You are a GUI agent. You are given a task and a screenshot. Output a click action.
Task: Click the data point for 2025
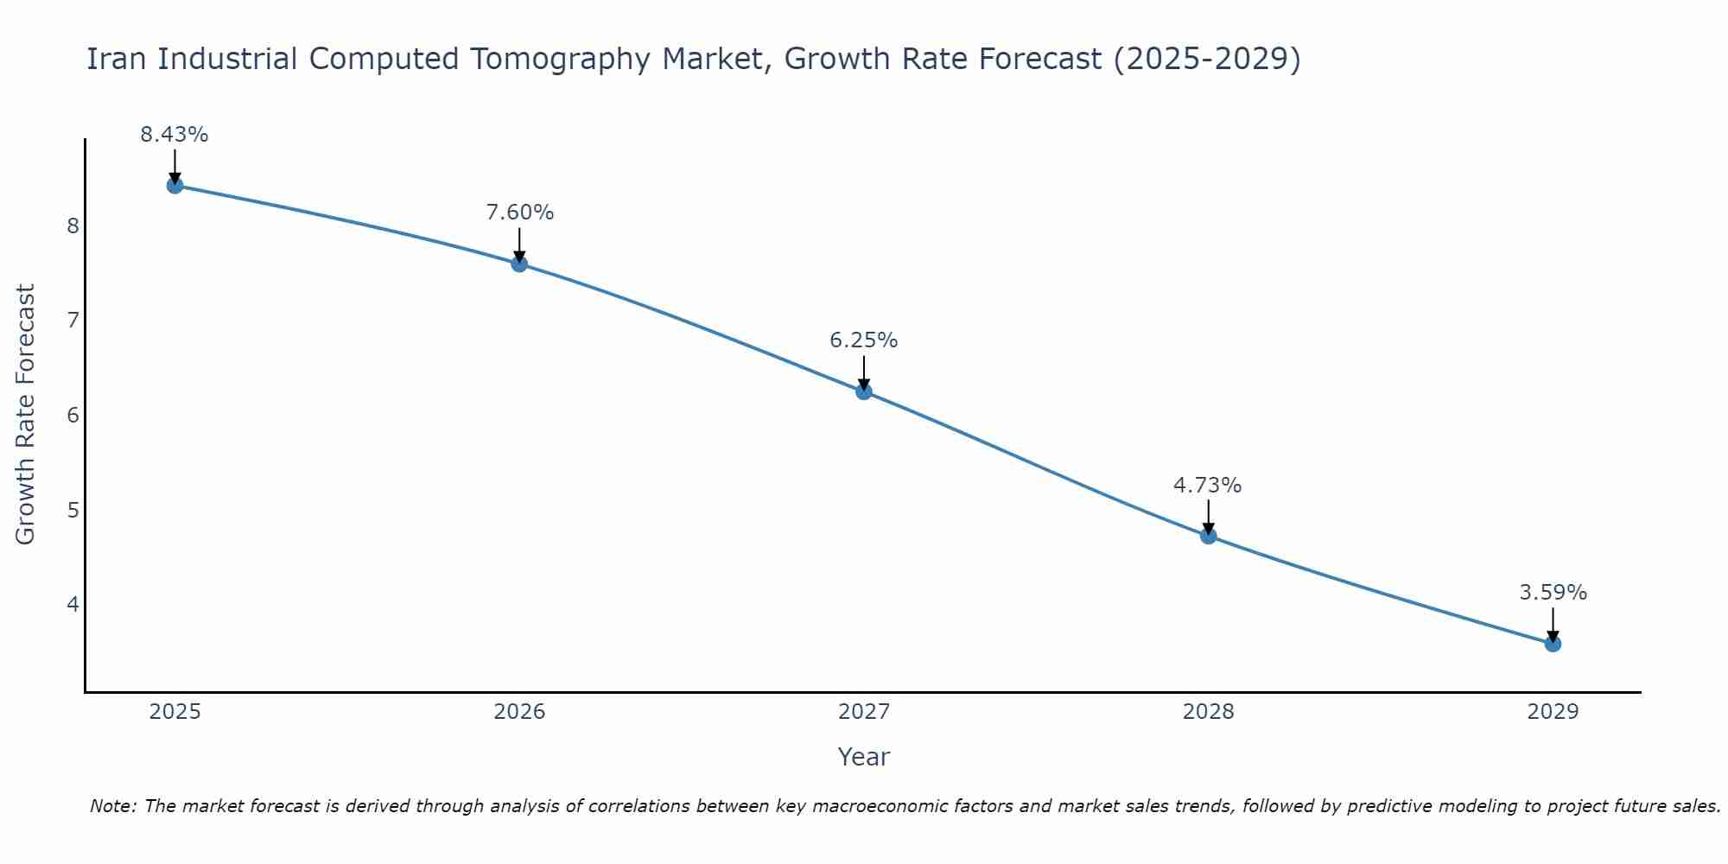click(x=175, y=185)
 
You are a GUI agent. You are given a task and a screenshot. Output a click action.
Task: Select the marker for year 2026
click(x=519, y=264)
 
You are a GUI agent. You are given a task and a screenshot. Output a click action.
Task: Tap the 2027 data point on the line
click(x=863, y=391)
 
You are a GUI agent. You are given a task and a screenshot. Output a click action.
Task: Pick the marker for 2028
click(x=1208, y=536)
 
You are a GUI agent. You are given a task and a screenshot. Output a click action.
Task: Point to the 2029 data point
click(x=1553, y=644)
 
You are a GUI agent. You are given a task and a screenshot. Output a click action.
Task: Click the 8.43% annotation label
click(x=175, y=135)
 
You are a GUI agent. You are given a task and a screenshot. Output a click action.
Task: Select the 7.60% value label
click(x=519, y=213)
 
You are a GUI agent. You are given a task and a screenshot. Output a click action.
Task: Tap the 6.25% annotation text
click(x=863, y=340)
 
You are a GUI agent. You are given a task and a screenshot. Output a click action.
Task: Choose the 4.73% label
click(x=1207, y=486)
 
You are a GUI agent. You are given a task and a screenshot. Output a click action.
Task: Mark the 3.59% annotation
click(x=1553, y=593)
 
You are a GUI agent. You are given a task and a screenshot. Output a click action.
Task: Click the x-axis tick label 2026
click(x=519, y=712)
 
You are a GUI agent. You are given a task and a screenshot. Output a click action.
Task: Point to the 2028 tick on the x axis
click(x=1208, y=712)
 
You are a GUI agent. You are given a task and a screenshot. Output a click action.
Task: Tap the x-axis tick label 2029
click(x=1553, y=712)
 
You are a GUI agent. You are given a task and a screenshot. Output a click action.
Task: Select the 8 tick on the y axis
click(x=73, y=226)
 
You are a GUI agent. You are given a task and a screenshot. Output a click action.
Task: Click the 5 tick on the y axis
click(x=73, y=510)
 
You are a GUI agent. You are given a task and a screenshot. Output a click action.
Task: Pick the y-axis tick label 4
click(x=73, y=604)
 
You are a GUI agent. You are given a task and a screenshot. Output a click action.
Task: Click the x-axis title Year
click(x=863, y=757)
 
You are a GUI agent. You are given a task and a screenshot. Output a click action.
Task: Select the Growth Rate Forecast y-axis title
click(x=26, y=415)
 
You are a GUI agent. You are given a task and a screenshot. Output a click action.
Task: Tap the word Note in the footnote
click(x=112, y=806)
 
